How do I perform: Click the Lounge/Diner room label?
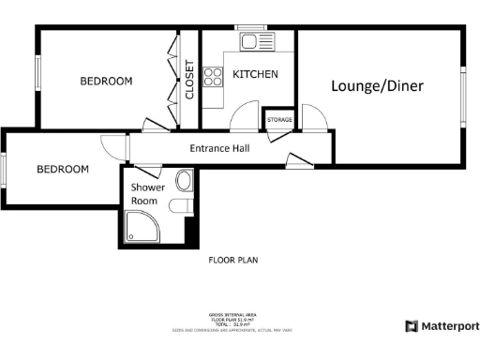(x=377, y=86)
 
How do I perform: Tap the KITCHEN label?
(x=255, y=74)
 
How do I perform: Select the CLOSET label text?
(x=189, y=80)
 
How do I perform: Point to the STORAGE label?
(x=279, y=120)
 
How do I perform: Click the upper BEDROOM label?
(x=106, y=82)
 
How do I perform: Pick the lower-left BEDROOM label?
(x=63, y=170)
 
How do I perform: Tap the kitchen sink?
(x=252, y=41)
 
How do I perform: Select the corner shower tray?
(x=141, y=226)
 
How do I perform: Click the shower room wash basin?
(x=184, y=180)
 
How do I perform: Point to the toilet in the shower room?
(x=181, y=206)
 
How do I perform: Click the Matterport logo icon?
(x=411, y=326)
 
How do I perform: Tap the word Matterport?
(x=449, y=326)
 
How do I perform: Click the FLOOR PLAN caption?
(x=232, y=260)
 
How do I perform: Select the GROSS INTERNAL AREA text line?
(x=232, y=315)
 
